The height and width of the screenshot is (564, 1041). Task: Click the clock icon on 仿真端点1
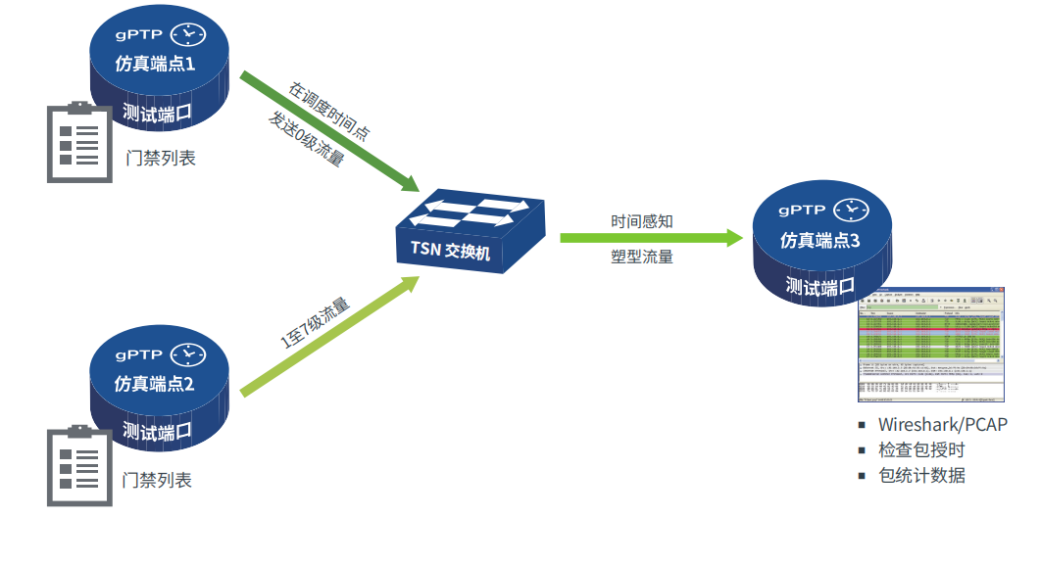pyautogui.click(x=188, y=34)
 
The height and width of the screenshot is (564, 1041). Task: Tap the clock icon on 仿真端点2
pyautogui.click(x=188, y=354)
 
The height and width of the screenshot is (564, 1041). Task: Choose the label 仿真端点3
pyautogui.click(x=819, y=240)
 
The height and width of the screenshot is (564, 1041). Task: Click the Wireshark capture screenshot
pyautogui.click(x=931, y=345)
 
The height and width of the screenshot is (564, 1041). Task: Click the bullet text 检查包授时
pyautogui.click(x=921, y=449)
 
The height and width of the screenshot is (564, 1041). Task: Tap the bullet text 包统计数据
pyautogui.click(x=921, y=476)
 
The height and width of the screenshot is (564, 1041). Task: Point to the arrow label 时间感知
pyautogui.click(x=642, y=221)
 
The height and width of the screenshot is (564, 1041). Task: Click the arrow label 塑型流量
pyautogui.click(x=642, y=258)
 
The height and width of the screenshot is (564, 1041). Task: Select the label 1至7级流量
pyautogui.click(x=315, y=323)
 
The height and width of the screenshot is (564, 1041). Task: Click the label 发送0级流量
pyautogui.click(x=306, y=139)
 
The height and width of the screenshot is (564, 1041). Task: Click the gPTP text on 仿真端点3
pyautogui.click(x=802, y=210)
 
